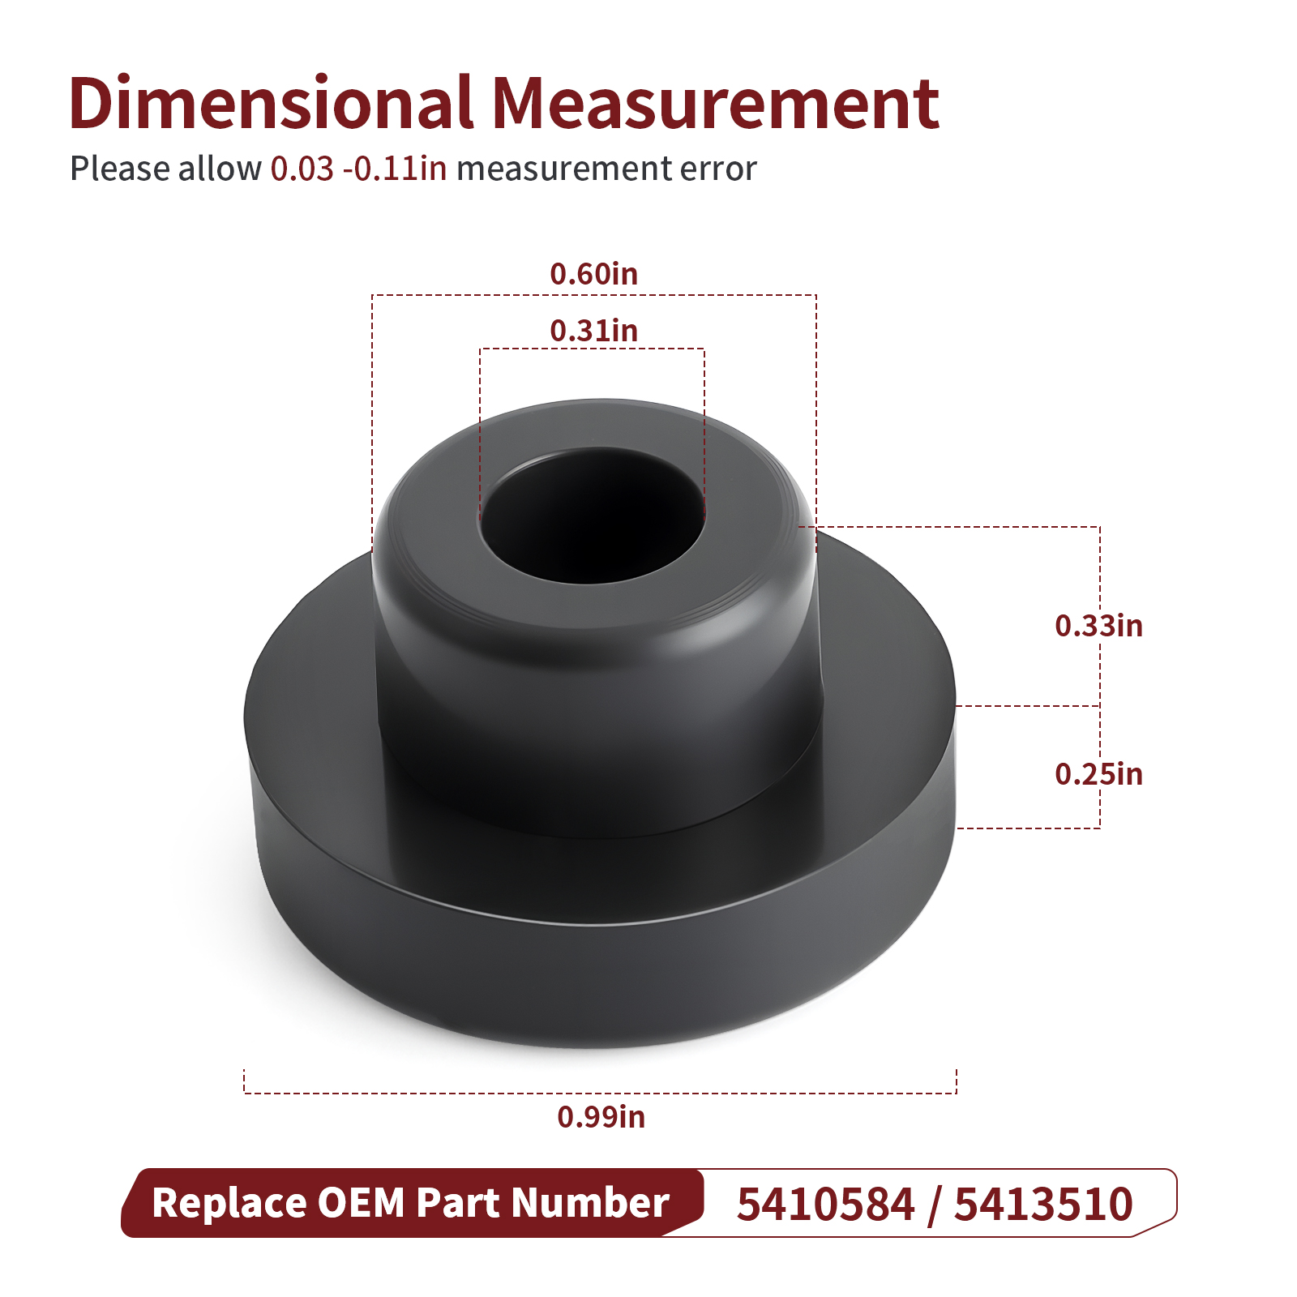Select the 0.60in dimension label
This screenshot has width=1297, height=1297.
point(594,274)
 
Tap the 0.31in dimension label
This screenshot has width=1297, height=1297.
point(594,331)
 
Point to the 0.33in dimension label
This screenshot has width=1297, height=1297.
point(1098,626)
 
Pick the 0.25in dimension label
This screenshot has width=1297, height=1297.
point(1098,774)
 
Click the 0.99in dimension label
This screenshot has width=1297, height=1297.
point(601,1117)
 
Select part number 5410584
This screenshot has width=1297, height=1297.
point(826,1204)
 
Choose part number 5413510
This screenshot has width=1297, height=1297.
point(1043,1204)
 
